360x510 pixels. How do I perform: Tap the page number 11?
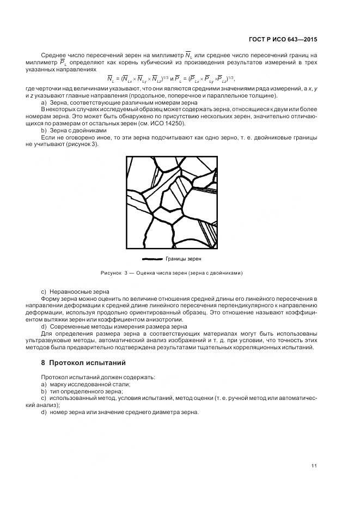(314, 465)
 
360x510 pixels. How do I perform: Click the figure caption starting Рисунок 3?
(172, 272)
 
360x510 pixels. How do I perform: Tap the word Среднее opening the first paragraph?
(53, 56)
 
